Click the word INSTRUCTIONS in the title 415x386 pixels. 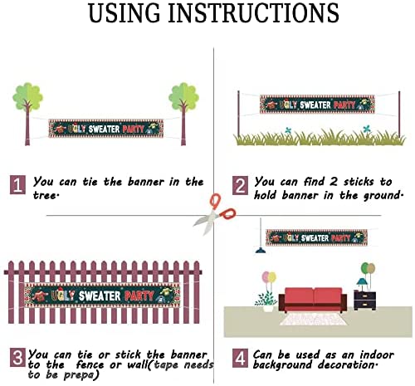253,12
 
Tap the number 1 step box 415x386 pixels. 17,185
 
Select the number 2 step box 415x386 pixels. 240,185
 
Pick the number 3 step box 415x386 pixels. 17,358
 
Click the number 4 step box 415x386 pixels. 240,358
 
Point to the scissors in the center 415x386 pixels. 214,214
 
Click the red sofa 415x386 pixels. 313,300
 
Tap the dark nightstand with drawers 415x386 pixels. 365,300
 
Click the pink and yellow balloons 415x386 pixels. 269,277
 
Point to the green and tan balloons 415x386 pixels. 368,268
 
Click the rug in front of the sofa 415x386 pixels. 313,319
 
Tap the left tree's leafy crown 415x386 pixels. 27,97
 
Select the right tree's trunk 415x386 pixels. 183,125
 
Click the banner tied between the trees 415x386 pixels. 106,129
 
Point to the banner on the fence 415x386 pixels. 102,296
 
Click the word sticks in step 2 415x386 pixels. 359,182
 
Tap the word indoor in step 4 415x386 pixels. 377,354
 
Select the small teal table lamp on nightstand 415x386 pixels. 362,284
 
